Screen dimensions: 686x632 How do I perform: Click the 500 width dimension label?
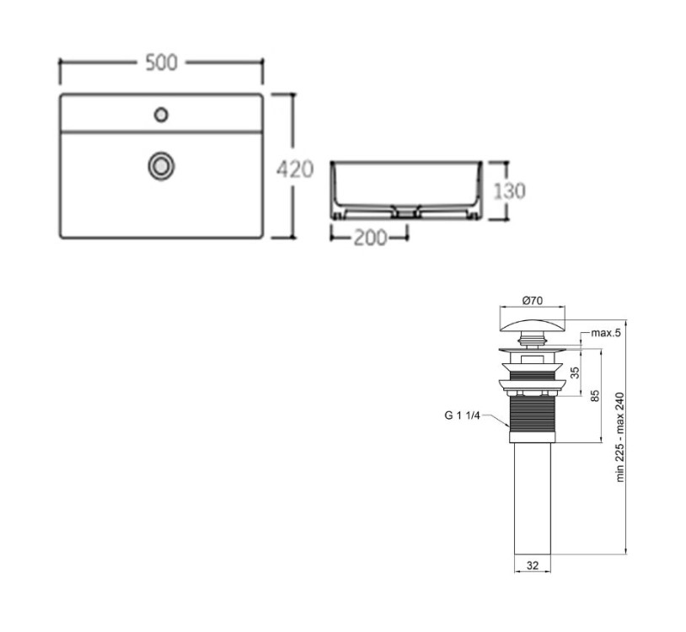click(x=162, y=62)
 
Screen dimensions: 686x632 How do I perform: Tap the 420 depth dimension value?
click(x=295, y=169)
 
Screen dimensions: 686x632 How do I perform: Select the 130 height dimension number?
click(x=509, y=191)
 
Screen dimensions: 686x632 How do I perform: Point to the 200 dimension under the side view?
click(x=370, y=238)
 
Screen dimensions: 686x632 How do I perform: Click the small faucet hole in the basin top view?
click(x=162, y=115)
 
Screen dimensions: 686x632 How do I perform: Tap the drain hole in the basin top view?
click(x=162, y=166)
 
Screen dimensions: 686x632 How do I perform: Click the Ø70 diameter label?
click(x=533, y=301)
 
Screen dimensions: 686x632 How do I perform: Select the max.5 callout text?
click(x=606, y=333)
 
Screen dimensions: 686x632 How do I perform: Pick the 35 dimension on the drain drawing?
click(x=576, y=372)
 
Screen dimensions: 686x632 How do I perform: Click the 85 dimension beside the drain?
click(x=595, y=396)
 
